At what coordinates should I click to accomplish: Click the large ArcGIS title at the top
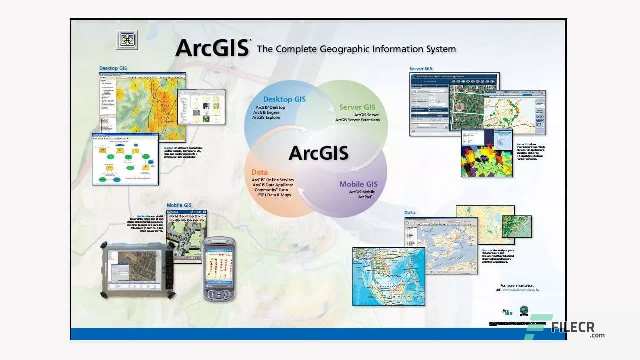point(213,48)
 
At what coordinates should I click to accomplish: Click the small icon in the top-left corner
point(127,40)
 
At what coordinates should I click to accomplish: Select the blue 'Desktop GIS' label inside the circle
point(284,99)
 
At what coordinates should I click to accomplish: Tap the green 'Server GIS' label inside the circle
point(357,107)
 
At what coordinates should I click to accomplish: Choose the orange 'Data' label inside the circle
point(259,172)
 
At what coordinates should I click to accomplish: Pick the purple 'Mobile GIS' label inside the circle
point(358,184)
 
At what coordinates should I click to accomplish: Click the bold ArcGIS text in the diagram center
point(318,153)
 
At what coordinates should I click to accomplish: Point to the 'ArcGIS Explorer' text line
point(266,118)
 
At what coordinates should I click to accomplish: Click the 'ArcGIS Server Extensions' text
point(357,120)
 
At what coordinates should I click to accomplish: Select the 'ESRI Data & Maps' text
point(274,195)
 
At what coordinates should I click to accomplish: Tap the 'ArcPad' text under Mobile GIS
point(365,197)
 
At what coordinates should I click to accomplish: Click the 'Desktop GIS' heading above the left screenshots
point(113,68)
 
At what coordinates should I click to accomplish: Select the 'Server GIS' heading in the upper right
point(421,69)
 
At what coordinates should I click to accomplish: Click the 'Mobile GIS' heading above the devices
point(179,205)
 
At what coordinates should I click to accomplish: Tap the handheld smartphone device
point(219,269)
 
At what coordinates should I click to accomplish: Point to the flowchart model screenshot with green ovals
point(125,159)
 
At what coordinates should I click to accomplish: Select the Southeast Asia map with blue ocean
point(388,276)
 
